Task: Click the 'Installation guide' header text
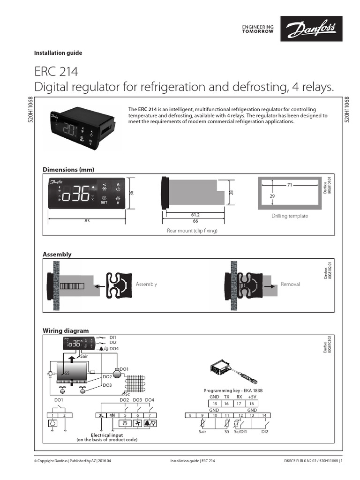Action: (x=58, y=53)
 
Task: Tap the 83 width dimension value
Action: (x=87, y=221)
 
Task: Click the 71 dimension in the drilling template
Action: (x=290, y=185)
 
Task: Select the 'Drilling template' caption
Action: (x=290, y=216)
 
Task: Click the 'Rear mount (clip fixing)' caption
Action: (x=192, y=231)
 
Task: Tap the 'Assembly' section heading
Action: (x=57, y=255)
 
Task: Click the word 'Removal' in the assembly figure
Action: (x=290, y=284)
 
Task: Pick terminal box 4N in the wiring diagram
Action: (x=112, y=415)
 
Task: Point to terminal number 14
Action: (x=265, y=415)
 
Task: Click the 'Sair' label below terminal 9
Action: (x=202, y=432)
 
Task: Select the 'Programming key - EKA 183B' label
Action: (x=233, y=390)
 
